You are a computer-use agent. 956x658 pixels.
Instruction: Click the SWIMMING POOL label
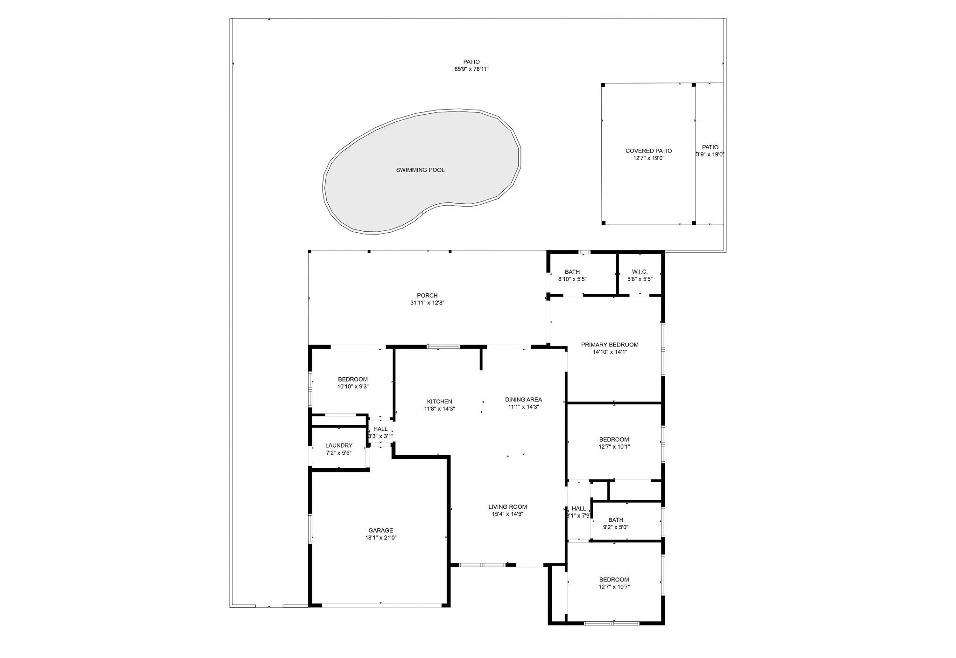[x=420, y=170]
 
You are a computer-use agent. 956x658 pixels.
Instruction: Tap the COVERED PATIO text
[x=648, y=151]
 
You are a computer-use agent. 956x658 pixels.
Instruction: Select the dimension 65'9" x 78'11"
[x=471, y=69]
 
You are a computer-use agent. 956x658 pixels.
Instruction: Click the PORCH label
[x=427, y=295]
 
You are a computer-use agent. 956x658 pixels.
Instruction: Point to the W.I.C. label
[x=640, y=272]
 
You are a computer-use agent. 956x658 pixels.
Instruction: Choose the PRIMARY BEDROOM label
[x=610, y=345]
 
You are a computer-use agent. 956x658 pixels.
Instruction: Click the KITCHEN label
[x=439, y=402]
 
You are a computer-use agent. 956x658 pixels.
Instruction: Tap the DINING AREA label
[x=523, y=399]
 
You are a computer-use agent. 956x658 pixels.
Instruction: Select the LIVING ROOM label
[x=507, y=507]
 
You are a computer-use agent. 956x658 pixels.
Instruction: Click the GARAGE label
[x=380, y=530]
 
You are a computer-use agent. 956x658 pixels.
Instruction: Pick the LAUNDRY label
[x=338, y=445]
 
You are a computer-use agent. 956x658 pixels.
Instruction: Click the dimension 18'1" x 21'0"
[x=380, y=538]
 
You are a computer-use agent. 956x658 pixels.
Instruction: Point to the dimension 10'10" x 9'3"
[x=353, y=387]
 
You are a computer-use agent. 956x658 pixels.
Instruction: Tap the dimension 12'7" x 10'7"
[x=614, y=587]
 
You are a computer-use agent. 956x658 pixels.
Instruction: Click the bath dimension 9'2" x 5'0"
[x=616, y=527]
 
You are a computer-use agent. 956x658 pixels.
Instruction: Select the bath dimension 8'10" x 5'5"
[x=572, y=279]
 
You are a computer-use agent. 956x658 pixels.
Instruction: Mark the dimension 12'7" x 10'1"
[x=614, y=447]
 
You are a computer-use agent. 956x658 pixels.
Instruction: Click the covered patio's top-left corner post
[x=603, y=85]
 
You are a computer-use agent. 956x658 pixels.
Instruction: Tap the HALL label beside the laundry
[x=380, y=429]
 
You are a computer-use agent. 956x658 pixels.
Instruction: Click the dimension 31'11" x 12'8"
[x=427, y=303]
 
